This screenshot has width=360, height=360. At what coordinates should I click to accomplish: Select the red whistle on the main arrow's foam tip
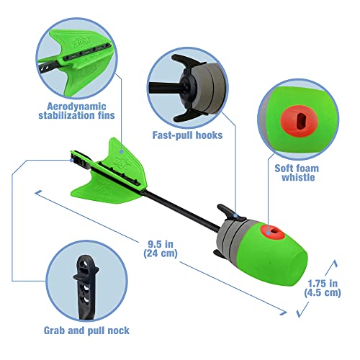click(x=274, y=231)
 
